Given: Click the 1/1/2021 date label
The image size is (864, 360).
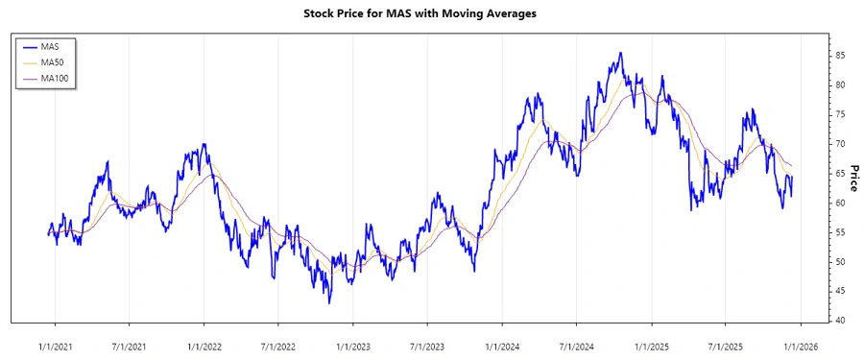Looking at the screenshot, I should coord(54,345).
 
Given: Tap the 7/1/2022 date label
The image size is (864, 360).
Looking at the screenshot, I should coord(277,345).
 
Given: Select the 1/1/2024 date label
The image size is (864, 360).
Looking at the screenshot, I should coord(502,345).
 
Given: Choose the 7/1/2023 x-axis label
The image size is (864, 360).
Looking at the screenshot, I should coord(426,345).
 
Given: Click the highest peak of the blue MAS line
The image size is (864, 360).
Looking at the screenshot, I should coord(620,53).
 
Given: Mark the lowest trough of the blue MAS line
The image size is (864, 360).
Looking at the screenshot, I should coord(329,303).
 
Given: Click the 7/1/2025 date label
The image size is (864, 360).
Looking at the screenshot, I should coord(725,345).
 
